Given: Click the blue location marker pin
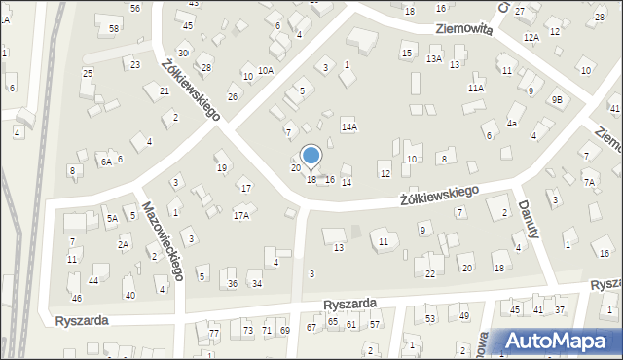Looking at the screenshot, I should point(311,158).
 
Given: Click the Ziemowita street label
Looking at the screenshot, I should point(463,30).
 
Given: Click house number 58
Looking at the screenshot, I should point(114,29).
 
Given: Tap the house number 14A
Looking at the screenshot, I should point(348,127).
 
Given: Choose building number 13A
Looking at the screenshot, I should point(434,59).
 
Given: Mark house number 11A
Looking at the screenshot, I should point(475,88).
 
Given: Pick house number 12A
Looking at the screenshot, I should point(531,37).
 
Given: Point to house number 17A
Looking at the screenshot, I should point(240,216).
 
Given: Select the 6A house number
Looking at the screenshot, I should point(105,163).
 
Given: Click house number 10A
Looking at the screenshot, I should point(266,71).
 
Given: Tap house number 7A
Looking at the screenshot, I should point(589,182).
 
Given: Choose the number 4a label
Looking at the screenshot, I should point(512,124).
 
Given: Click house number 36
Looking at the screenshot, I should point(233,284).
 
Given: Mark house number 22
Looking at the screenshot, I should point(430,274).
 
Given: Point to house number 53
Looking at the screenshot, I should point(430,318).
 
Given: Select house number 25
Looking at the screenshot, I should point(88,74).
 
